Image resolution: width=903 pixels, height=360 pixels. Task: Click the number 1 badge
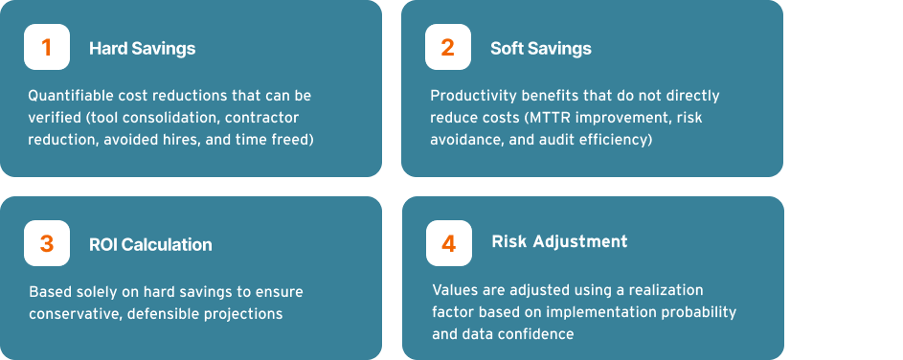tap(47, 47)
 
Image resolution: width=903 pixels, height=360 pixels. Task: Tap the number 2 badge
tap(448, 47)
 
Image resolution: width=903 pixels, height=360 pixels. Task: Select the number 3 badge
tap(47, 243)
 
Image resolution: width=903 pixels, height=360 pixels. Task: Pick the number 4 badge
tap(448, 243)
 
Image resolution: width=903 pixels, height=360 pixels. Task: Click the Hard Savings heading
tap(143, 49)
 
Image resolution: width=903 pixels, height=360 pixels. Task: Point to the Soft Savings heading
tap(541, 49)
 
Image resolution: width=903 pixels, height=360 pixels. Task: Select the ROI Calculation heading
tap(150, 245)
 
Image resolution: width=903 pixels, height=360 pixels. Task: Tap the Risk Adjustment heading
tap(559, 241)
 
